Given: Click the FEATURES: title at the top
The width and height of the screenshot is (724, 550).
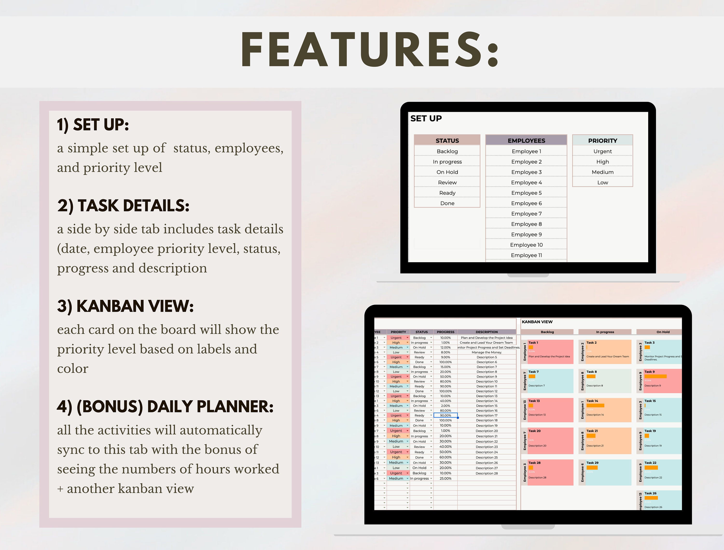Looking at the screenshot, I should click(x=370, y=50).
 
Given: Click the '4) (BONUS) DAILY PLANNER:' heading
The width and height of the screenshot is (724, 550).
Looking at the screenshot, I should click(x=165, y=407).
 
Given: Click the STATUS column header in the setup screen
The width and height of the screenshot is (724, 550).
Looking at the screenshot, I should click(x=447, y=141).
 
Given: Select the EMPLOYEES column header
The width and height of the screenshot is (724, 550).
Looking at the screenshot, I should click(x=526, y=141).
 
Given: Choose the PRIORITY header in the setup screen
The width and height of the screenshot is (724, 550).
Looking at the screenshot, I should click(x=603, y=141).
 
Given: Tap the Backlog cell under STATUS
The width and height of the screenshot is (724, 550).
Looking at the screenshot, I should click(x=447, y=151).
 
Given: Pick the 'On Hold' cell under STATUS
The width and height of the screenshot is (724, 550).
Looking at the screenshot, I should click(x=447, y=172).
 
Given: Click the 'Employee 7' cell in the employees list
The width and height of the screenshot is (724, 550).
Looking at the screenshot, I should click(x=526, y=214).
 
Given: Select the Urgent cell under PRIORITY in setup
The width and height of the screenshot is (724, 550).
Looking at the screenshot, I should click(x=603, y=151).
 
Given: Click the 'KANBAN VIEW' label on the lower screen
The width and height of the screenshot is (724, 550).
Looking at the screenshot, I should click(x=537, y=322).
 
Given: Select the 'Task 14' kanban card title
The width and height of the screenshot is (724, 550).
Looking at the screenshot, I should click(x=592, y=401).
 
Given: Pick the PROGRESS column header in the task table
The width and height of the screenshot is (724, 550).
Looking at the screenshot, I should click(x=446, y=332).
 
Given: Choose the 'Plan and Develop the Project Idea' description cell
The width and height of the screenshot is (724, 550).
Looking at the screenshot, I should click(x=487, y=338).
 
